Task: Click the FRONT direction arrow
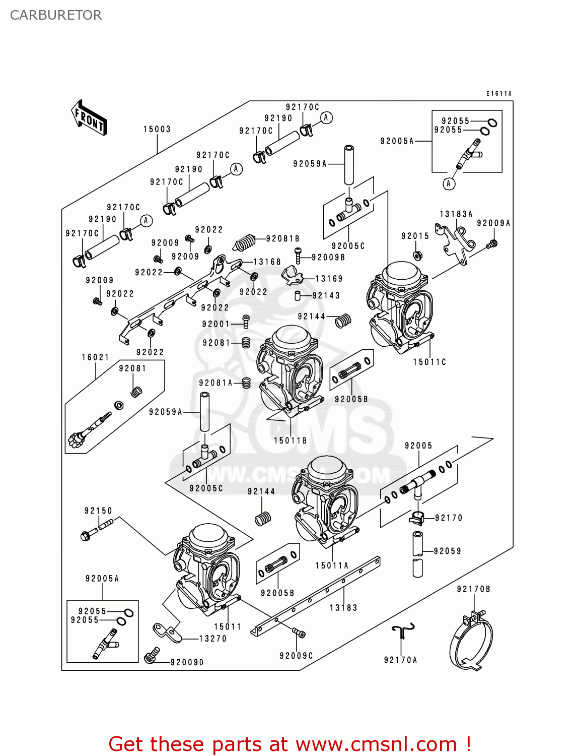[x=90, y=118]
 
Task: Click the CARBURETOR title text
[x=56, y=15]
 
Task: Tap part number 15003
[x=157, y=130]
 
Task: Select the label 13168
[x=267, y=262]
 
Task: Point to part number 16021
[x=96, y=357]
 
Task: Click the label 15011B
[x=291, y=440]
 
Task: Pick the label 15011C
[x=429, y=362]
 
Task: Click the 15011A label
[x=332, y=565]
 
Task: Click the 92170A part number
[x=400, y=660]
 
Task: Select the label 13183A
[x=456, y=214]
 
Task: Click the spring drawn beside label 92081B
[x=245, y=242]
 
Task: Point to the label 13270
[x=213, y=639]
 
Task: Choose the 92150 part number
[x=99, y=511]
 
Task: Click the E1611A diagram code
[x=498, y=94]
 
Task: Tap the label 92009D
[x=187, y=662]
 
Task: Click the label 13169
[x=329, y=279]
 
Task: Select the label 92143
[x=326, y=296]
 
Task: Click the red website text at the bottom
[x=290, y=744]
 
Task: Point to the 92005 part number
[x=418, y=446]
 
